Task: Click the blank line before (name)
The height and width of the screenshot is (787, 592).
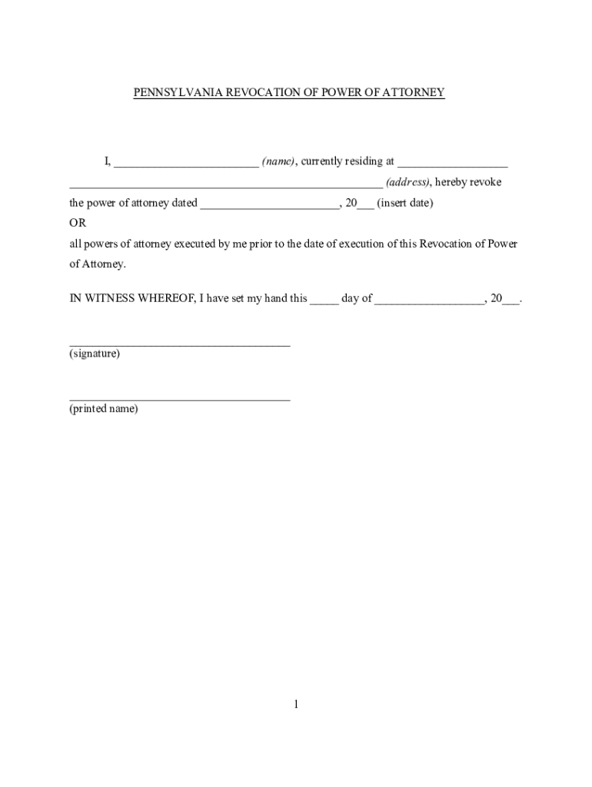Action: (x=186, y=163)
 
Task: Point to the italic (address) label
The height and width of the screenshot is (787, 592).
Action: (x=408, y=182)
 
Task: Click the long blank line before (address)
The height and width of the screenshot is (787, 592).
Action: (x=225, y=184)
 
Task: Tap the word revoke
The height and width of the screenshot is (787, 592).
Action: (x=484, y=182)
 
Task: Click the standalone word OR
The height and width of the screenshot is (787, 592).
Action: (x=78, y=223)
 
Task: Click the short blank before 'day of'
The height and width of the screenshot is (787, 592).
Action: (x=324, y=301)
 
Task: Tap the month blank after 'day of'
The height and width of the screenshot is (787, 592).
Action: (x=429, y=301)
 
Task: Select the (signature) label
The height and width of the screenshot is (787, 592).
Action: (x=95, y=354)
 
